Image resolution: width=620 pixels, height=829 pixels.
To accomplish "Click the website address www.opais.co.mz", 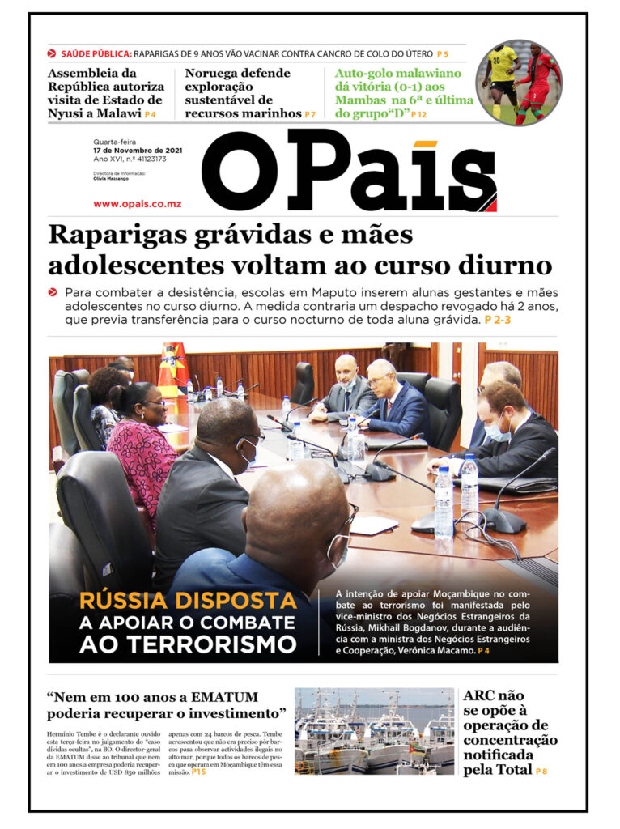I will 137,203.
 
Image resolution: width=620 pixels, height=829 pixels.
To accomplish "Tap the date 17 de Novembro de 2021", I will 137,151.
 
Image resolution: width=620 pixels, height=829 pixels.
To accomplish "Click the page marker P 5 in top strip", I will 442,54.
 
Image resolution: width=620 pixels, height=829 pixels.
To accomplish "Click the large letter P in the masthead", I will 329,172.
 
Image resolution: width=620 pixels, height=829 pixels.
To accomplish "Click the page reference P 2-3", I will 498,321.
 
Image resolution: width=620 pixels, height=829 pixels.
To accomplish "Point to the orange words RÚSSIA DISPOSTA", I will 188,602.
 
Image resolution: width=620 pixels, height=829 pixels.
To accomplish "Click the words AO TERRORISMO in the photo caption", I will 188,644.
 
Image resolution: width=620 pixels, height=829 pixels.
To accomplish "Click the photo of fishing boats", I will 374,731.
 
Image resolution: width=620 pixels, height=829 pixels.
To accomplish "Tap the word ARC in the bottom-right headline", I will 482,695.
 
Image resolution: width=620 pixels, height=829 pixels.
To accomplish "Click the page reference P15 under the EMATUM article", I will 199,772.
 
